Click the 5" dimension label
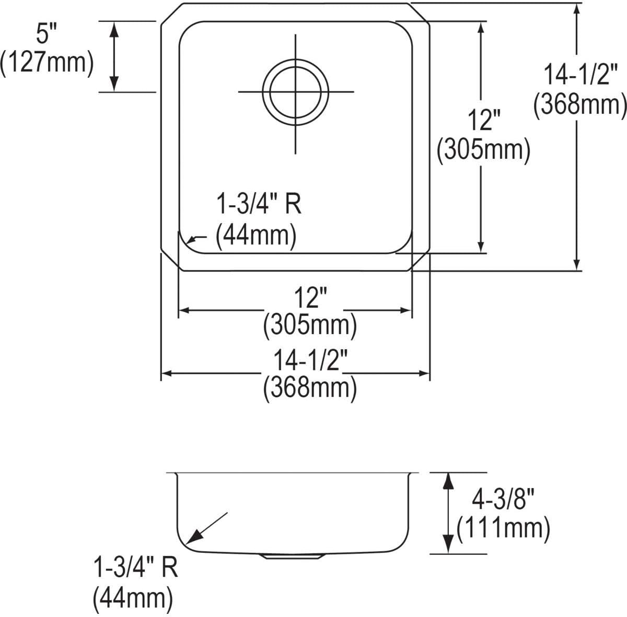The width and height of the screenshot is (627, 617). [x=46, y=34]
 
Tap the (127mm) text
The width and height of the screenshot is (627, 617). [x=47, y=63]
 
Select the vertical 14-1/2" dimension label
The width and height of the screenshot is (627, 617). [x=580, y=75]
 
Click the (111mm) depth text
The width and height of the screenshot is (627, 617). [x=503, y=529]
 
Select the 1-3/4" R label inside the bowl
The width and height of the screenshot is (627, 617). [x=259, y=204]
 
